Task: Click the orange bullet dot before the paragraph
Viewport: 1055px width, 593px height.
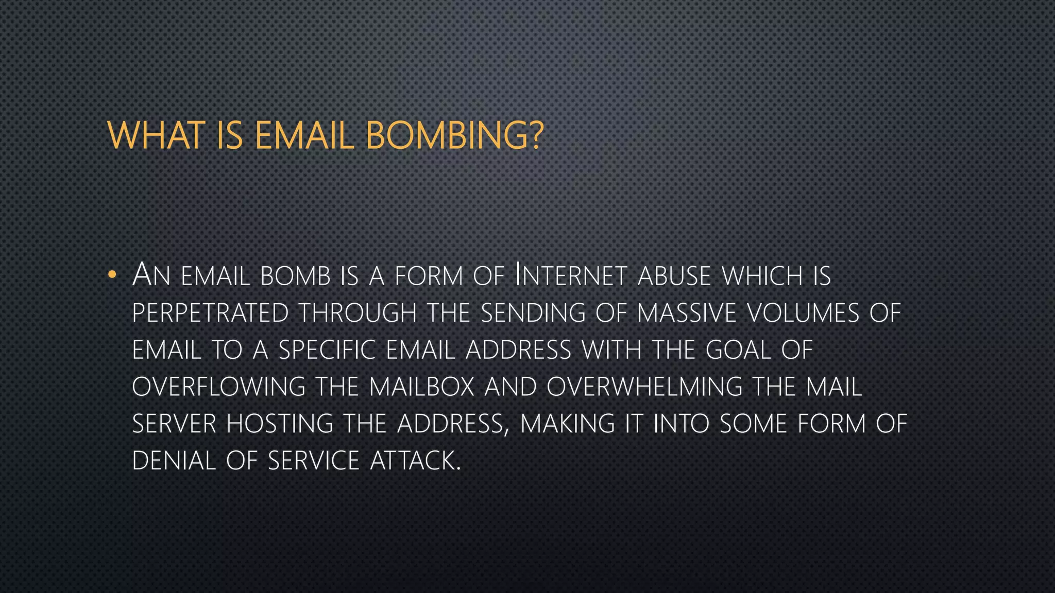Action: pos(112,275)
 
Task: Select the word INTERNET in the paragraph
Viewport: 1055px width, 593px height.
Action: pos(571,275)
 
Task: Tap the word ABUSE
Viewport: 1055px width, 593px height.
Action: pos(674,276)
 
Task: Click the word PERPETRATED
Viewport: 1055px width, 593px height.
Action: pos(210,313)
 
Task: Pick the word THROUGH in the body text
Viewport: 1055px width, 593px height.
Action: pos(358,313)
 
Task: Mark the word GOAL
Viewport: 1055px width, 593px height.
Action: pos(738,350)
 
